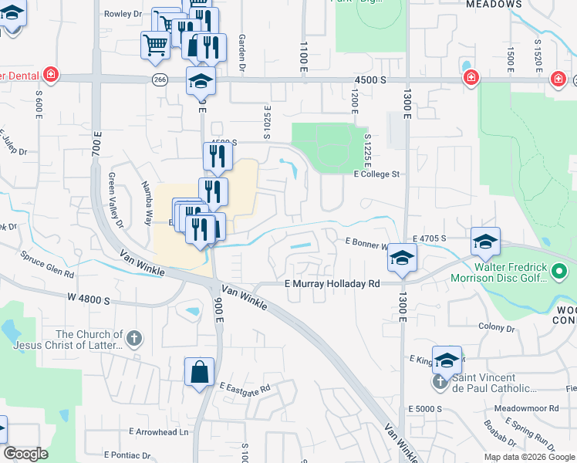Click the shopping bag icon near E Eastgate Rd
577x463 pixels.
coord(199,372)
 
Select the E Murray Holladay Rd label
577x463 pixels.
coord(332,284)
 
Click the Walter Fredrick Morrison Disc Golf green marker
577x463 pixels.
coord(560,272)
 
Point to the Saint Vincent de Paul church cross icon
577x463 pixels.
coord(440,381)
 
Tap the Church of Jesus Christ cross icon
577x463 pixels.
coord(133,338)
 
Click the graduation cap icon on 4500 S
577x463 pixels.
coord(201,80)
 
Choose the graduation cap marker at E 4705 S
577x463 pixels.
coord(485,242)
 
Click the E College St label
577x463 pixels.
coord(376,174)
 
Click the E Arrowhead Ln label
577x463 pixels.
coord(158,431)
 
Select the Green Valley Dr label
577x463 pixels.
coord(116,201)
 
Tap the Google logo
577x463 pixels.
coord(26,455)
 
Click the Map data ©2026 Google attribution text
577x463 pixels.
coord(528,457)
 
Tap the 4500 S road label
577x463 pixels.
coord(370,79)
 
